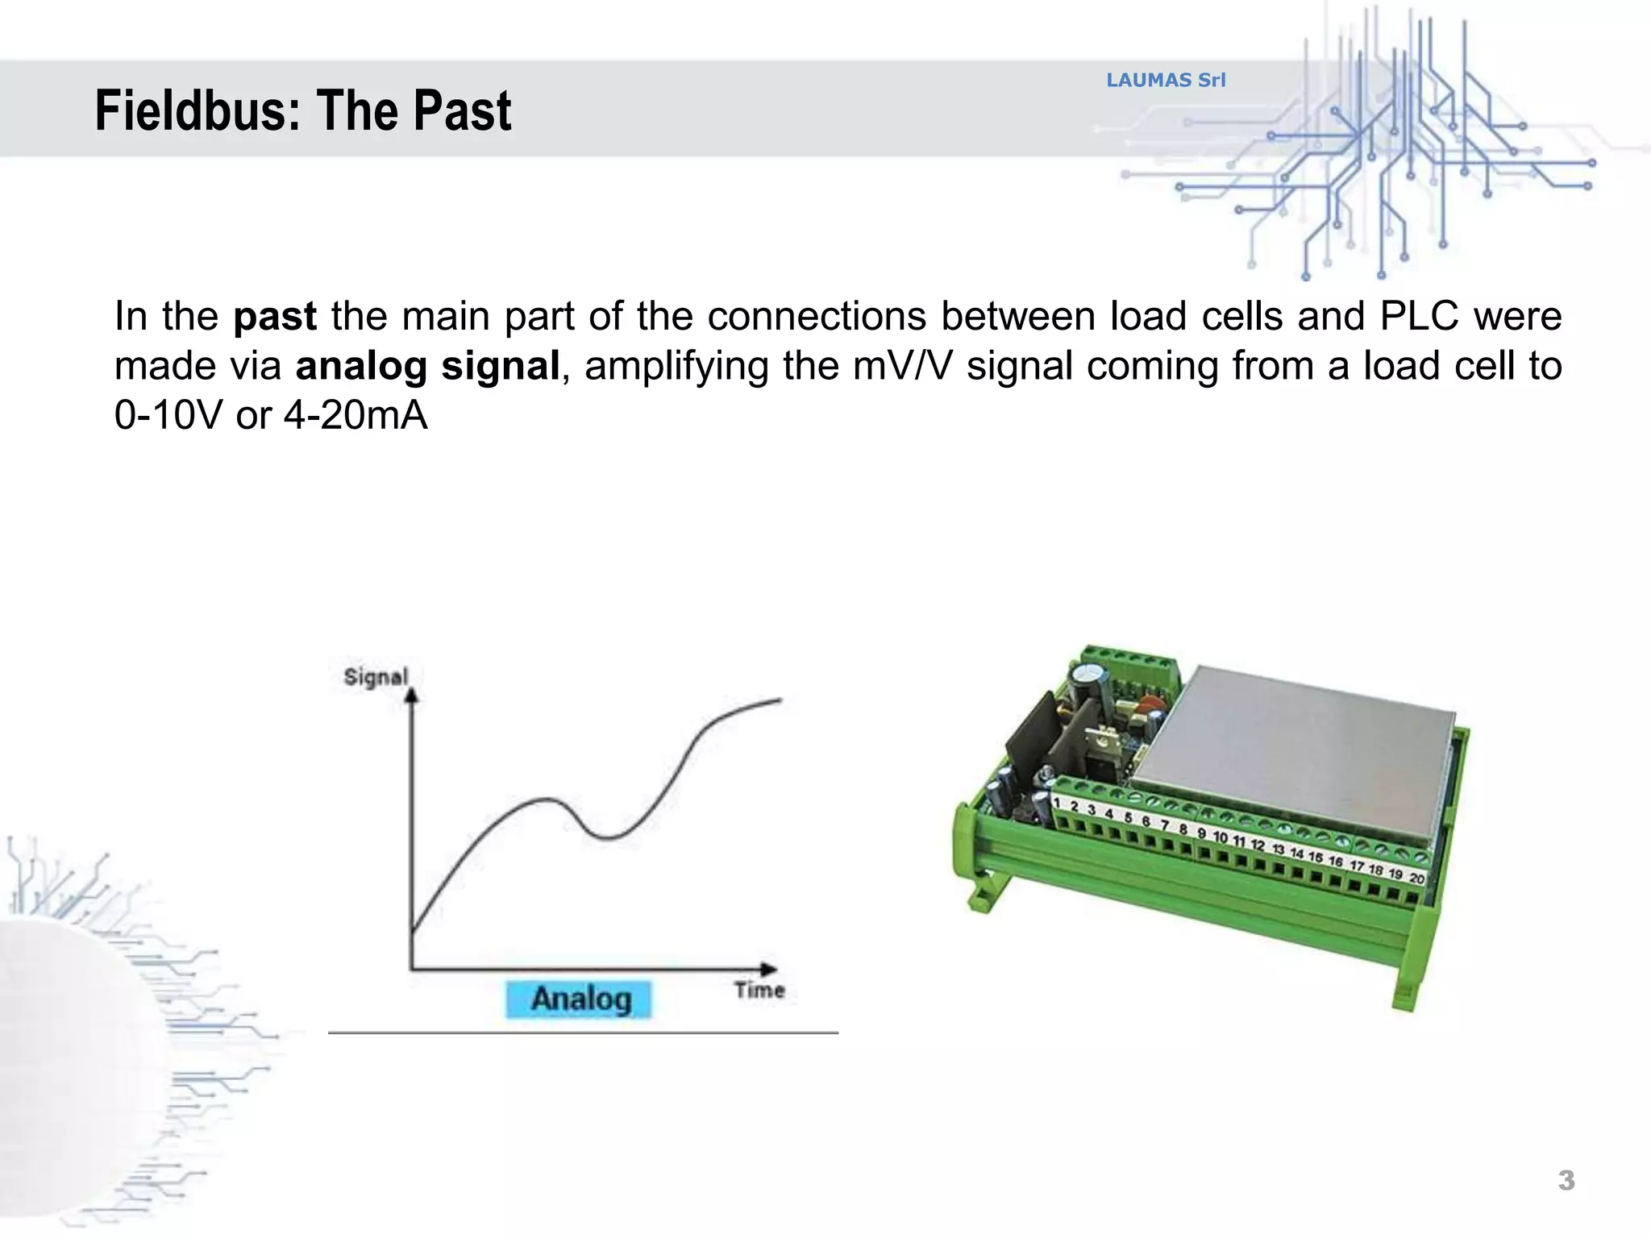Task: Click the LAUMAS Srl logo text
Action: click(x=1166, y=80)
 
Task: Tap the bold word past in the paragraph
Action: click(x=275, y=316)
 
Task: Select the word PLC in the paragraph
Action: click(x=1419, y=316)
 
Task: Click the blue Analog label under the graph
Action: click(x=579, y=999)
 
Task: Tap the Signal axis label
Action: click(x=376, y=677)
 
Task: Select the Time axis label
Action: click(x=759, y=990)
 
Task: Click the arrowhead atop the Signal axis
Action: click(x=412, y=695)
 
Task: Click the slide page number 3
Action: click(x=1566, y=1181)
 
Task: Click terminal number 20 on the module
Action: click(x=1417, y=879)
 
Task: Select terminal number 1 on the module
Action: click(x=1057, y=803)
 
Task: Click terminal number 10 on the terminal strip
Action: click(x=1221, y=837)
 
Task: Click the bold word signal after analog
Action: click(x=500, y=366)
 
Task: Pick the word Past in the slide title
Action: click(x=464, y=111)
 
